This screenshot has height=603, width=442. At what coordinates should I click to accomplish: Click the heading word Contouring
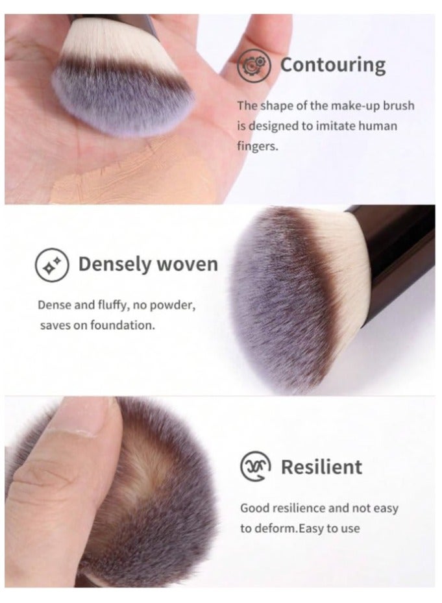click(x=332, y=65)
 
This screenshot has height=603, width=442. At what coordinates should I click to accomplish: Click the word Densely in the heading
click(x=115, y=264)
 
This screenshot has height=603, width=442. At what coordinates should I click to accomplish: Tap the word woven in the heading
click(x=187, y=264)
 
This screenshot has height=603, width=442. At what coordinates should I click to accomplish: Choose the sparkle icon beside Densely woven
click(x=51, y=265)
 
